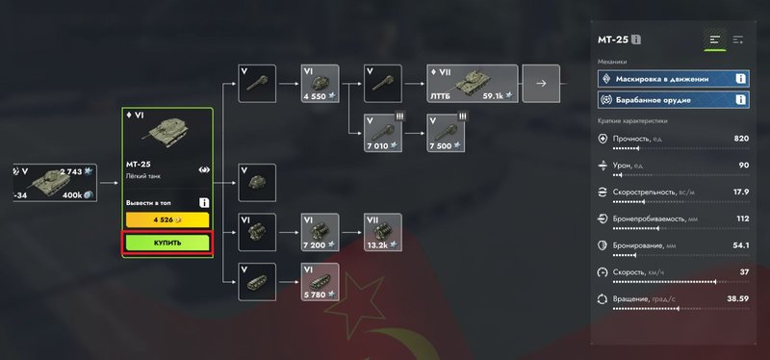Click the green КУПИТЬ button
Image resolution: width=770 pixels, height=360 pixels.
coord(167,243)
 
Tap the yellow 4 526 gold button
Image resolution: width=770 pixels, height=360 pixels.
coord(167,220)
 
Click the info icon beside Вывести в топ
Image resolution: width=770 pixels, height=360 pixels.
coord(204,203)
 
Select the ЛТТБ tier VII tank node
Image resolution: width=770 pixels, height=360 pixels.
coord(472,84)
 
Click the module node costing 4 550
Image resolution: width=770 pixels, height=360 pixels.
coord(320,84)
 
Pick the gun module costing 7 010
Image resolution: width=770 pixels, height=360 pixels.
coord(382,133)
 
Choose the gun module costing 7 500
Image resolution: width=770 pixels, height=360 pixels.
coord(446,133)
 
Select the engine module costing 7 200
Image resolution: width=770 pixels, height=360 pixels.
coord(320,232)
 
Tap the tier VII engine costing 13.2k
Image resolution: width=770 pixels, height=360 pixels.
coord(382,232)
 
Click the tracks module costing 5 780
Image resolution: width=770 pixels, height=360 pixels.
coord(320,282)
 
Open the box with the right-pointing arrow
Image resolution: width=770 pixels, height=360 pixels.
coord(541,84)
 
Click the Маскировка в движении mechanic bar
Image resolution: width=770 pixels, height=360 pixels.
coord(673,79)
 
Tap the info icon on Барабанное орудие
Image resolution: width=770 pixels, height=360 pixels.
coord(740,100)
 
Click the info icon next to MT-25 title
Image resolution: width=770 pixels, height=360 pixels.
coord(636,39)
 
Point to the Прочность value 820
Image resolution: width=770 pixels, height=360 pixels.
coord(741,139)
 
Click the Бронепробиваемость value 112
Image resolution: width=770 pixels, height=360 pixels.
coord(742,219)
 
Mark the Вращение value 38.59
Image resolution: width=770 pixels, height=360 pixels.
coord(737,298)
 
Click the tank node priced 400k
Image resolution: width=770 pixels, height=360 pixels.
coord(55,183)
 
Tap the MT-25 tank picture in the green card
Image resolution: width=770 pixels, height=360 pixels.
coord(167,132)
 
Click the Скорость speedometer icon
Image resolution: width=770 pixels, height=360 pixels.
coord(603,272)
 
